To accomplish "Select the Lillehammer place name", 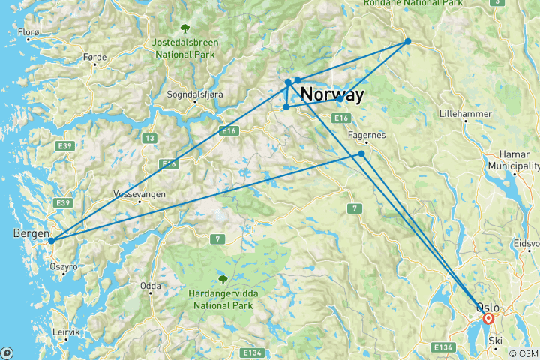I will pyautogui.click(x=466, y=114).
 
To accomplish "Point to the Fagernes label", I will pyautogui.click(x=367, y=135).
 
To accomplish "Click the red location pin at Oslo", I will pyautogui.click(x=488, y=319).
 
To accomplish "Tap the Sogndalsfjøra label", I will pyautogui.click(x=195, y=95).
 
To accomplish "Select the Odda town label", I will pyautogui.click(x=150, y=286).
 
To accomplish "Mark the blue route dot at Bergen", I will pyautogui.click(x=51, y=241).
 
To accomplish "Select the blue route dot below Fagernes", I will pyautogui.click(x=361, y=154).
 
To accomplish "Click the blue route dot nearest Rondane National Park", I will pyautogui.click(x=408, y=41).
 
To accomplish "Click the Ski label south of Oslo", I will pyautogui.click(x=496, y=339).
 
